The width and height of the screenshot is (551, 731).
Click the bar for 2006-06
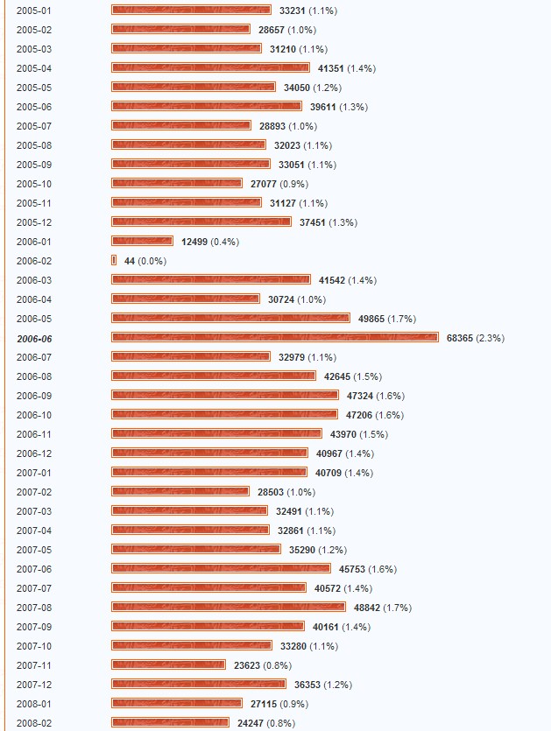(274, 338)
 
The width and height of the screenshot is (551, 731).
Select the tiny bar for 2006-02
(114, 261)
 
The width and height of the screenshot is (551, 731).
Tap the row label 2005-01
(34, 11)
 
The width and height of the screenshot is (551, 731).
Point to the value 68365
(460, 338)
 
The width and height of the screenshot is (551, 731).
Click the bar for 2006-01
(142, 242)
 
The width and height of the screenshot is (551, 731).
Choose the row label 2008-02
(34, 723)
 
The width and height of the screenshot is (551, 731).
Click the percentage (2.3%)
(491, 338)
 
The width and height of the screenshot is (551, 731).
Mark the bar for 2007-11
(168, 665)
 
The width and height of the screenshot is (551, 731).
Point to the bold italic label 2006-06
(34, 338)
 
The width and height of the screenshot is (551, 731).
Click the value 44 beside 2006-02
(130, 261)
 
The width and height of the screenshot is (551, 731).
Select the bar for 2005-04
(210, 68)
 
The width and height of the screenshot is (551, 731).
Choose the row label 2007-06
(34, 569)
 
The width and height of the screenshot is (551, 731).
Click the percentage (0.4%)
(225, 242)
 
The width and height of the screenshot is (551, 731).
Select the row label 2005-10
(34, 184)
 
